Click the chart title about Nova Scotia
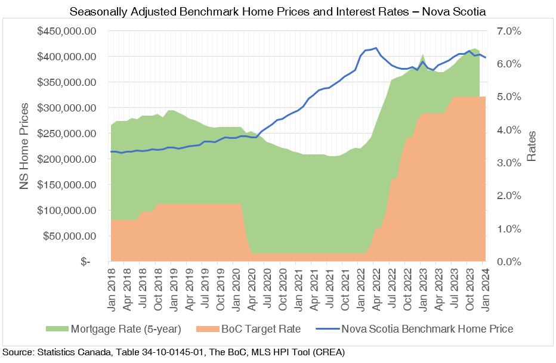point(278,11)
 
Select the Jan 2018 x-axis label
point(111,287)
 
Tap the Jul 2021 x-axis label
point(329,287)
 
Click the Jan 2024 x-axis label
point(486,287)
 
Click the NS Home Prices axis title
point(24,147)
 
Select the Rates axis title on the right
point(533,147)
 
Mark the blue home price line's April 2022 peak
point(375,48)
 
